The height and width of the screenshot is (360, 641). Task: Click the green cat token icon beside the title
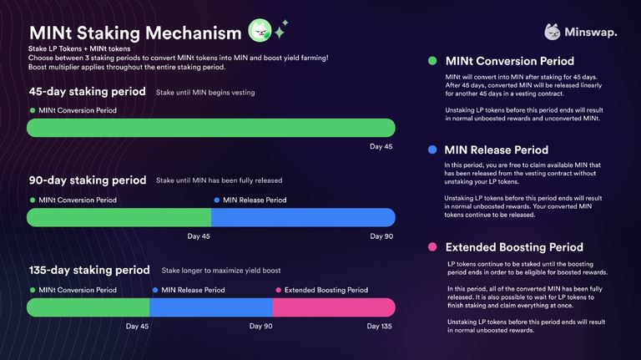click(260, 32)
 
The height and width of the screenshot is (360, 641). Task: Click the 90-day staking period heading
click(87, 180)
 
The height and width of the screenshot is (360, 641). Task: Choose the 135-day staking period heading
click(89, 270)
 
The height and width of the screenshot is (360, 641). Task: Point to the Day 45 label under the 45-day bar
click(381, 147)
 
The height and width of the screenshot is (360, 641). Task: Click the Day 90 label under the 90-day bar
click(381, 236)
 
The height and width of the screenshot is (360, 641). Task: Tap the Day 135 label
click(380, 326)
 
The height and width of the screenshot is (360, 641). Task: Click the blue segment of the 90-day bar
click(302, 217)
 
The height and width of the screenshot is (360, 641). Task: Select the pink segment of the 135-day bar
click(333, 307)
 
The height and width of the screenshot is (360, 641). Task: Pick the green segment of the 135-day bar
click(88, 307)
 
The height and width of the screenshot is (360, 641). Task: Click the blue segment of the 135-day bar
click(210, 307)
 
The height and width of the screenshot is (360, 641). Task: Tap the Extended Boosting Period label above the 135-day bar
click(326, 290)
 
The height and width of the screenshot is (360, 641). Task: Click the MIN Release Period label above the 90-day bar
click(255, 200)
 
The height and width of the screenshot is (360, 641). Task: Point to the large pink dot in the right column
click(432, 247)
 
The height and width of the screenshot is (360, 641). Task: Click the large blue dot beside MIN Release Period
click(432, 150)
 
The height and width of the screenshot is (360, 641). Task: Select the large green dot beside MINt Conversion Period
click(432, 61)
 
